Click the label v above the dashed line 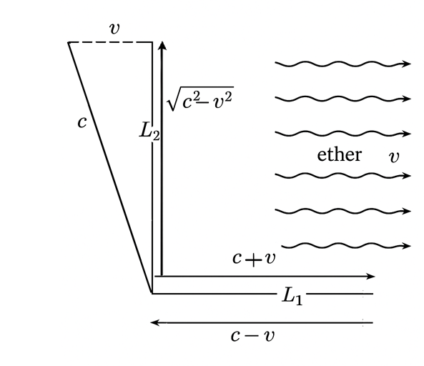pos(114,29)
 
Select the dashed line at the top pos(110,42)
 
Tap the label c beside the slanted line pos(82,122)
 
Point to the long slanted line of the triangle pos(110,167)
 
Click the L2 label pos(149,131)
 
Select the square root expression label pos(200,99)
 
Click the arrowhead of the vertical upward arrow pos(162,46)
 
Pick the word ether pos(340,154)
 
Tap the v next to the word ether pos(394,157)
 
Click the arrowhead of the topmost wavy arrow pos(406,64)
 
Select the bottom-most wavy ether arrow pos(346,246)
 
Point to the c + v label pos(254,259)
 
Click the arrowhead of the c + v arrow pos(370,276)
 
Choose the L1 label pos(292,296)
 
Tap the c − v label pos(253,336)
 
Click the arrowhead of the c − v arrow pos(154,322)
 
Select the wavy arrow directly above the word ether pos(343,134)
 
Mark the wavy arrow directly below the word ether pos(343,176)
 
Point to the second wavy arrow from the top pos(343,99)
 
